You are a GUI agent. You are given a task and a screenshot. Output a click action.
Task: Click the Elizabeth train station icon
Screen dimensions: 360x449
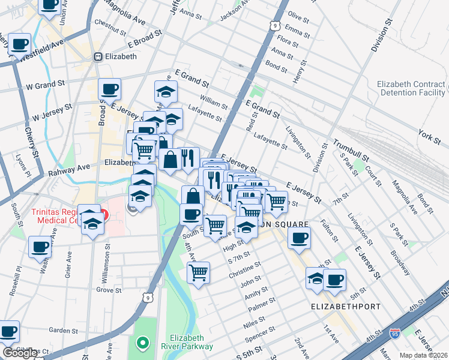tap(97, 57)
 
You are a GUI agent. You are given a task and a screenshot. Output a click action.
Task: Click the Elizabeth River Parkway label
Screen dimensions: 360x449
tap(191, 342)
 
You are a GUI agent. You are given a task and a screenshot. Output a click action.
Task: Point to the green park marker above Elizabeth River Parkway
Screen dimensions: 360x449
tap(142, 344)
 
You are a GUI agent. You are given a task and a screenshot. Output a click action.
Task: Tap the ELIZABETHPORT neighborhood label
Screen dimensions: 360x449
tap(345, 307)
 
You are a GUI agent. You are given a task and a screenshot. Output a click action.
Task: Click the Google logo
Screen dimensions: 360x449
tap(20, 353)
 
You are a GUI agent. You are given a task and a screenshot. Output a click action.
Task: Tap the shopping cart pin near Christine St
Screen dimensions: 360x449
tap(198, 272)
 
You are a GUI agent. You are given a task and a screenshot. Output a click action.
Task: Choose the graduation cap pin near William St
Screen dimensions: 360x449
tap(166, 91)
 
